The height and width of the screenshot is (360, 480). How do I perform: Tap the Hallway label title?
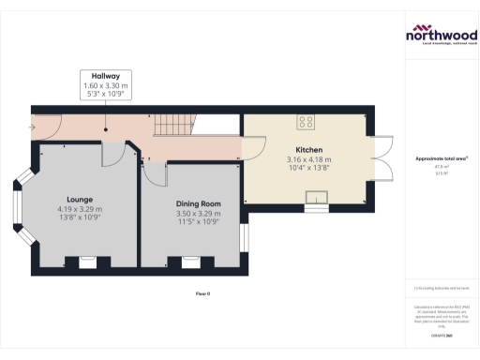[x=105, y=76]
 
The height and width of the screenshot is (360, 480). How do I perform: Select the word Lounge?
[x=79, y=200]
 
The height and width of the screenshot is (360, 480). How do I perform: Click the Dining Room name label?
[x=198, y=203]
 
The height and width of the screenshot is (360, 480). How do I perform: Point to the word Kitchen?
[x=309, y=150]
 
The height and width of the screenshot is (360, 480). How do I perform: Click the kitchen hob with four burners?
[x=307, y=121]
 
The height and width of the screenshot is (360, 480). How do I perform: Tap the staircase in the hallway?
[x=173, y=122]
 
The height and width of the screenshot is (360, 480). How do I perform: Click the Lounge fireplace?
[x=79, y=262]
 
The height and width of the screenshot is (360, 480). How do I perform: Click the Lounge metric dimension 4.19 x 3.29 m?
[x=79, y=208]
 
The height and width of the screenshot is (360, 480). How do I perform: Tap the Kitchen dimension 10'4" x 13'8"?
[x=309, y=168]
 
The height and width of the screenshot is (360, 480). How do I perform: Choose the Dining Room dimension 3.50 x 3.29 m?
[x=198, y=213]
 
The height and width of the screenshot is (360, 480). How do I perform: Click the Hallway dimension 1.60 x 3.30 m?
[x=105, y=85]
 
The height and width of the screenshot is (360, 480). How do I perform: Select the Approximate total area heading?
[x=437, y=159]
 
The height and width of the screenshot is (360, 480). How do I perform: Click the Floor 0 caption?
[x=202, y=294]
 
